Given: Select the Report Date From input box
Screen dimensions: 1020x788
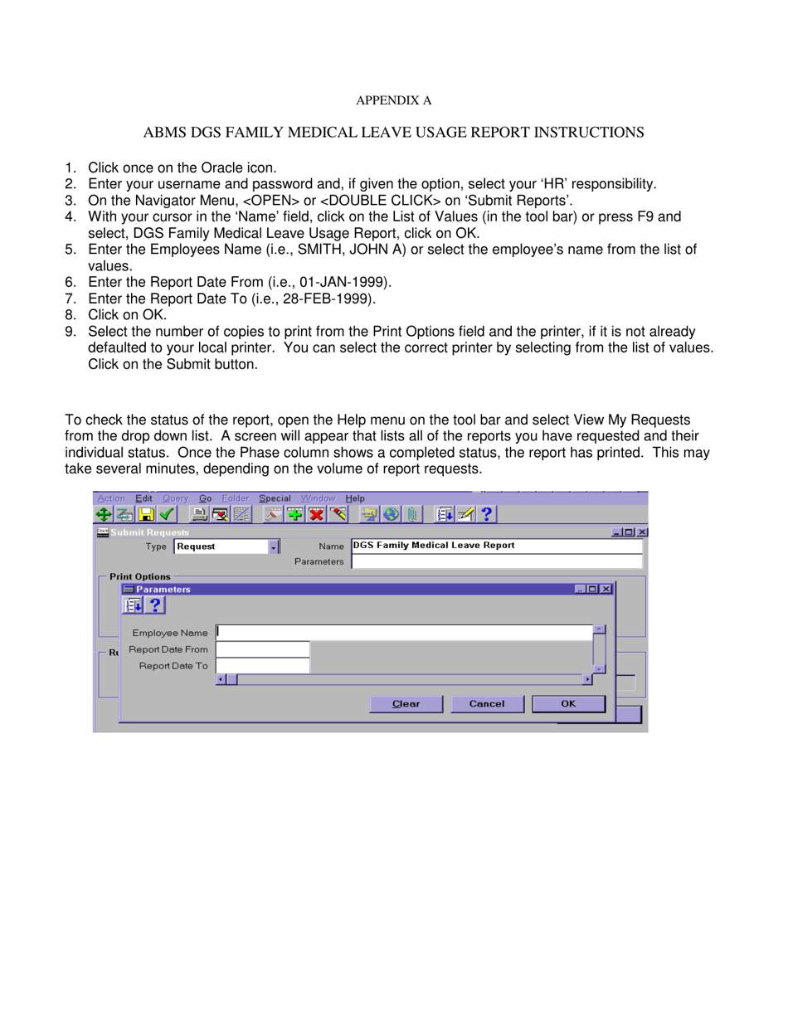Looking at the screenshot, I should coord(262,649).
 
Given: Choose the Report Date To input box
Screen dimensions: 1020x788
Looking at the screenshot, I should coord(262,665).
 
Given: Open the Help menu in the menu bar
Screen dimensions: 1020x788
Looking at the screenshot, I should coord(354,498).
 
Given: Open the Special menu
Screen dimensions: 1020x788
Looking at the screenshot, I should coord(275,498).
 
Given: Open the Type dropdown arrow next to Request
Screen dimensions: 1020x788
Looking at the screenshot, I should coord(274,546).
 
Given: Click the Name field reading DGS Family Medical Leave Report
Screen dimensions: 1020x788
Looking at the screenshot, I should coord(496,546).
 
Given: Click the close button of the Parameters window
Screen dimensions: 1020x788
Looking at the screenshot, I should coord(607,589).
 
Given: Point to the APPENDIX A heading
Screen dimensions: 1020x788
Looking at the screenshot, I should coord(394,101).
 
